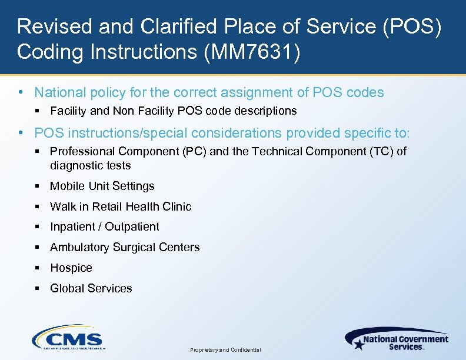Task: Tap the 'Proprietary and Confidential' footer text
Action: pos(226,349)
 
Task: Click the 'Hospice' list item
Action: pos(71,268)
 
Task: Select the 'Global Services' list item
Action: pos(91,288)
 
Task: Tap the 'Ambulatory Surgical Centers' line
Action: pos(125,247)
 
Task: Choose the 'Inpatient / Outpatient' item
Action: pos(104,226)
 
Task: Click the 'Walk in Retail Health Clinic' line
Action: pos(121,206)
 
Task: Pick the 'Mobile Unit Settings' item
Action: pos(102,186)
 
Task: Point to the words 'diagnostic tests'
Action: pos(90,165)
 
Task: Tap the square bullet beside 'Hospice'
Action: pos(37,268)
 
